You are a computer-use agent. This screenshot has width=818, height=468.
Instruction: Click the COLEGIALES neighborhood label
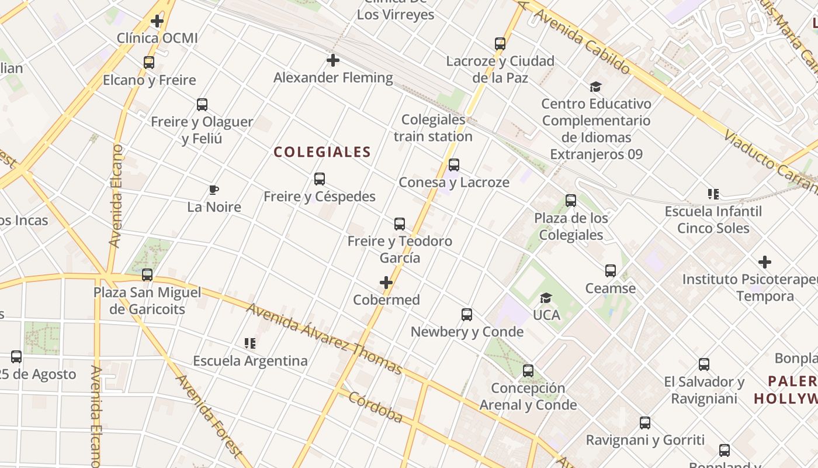(323, 152)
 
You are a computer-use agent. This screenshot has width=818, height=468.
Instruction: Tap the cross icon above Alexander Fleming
(333, 60)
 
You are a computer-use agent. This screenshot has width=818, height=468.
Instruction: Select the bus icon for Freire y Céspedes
(320, 179)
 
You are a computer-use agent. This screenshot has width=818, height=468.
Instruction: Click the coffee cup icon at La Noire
(214, 190)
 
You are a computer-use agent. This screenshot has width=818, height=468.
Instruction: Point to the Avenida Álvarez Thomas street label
(324, 339)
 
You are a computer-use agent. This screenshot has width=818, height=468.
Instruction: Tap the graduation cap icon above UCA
(546, 298)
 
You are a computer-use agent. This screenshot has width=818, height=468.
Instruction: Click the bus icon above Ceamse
(611, 271)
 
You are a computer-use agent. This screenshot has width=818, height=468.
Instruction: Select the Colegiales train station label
(433, 128)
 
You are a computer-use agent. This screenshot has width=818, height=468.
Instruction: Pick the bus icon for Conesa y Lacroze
(454, 165)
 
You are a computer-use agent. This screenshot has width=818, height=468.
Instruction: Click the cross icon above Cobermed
(386, 283)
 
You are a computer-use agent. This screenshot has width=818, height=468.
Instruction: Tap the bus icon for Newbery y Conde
(467, 315)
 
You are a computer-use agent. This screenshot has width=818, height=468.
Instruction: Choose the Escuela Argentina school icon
(250, 343)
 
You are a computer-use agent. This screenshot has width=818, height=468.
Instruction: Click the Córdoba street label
(376, 407)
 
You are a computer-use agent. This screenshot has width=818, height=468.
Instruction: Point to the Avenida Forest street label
(209, 415)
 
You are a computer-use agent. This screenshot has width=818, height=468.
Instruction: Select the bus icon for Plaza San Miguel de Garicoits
(147, 275)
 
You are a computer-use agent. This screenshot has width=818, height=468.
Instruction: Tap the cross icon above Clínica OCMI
(157, 22)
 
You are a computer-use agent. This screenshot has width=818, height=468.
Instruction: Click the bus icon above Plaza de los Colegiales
(571, 201)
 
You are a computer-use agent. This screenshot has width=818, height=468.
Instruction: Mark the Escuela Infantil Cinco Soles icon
(713, 194)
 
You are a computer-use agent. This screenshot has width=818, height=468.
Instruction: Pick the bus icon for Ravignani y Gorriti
(645, 423)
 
